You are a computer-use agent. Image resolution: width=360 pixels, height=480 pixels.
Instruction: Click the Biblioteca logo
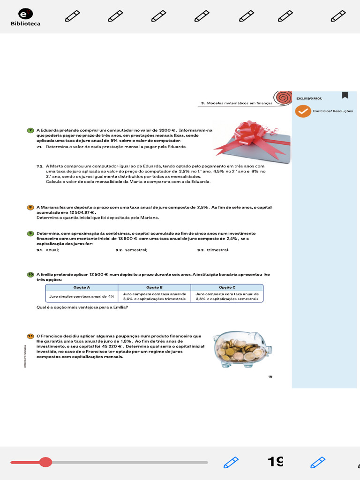[25, 17]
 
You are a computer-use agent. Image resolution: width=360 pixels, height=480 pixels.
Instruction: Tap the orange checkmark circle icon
[303, 111]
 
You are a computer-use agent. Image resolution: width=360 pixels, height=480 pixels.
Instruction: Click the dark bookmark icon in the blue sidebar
[345, 95]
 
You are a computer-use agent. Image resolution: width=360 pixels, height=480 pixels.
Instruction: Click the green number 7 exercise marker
[30, 130]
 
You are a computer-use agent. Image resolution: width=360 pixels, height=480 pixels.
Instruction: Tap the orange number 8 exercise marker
[30, 207]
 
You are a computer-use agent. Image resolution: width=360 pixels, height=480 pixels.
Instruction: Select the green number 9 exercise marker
[30, 233]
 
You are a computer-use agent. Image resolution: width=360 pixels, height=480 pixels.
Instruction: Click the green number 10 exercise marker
[30, 274]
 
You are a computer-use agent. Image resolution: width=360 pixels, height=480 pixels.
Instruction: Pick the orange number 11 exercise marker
[30, 336]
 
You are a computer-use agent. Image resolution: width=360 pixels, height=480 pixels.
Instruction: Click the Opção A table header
[82, 287]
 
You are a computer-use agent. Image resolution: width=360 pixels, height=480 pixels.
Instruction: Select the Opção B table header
[154, 287]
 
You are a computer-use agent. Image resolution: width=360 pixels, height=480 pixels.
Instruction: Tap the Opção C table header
[227, 287]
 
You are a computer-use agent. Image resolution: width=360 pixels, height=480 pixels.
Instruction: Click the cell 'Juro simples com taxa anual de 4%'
[82, 296]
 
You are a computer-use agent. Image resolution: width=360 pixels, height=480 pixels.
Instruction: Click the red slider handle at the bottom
[45, 462]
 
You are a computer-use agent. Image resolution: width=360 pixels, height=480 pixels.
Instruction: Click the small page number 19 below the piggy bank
[270, 376]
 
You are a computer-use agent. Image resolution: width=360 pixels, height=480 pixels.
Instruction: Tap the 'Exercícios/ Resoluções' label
[333, 111]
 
